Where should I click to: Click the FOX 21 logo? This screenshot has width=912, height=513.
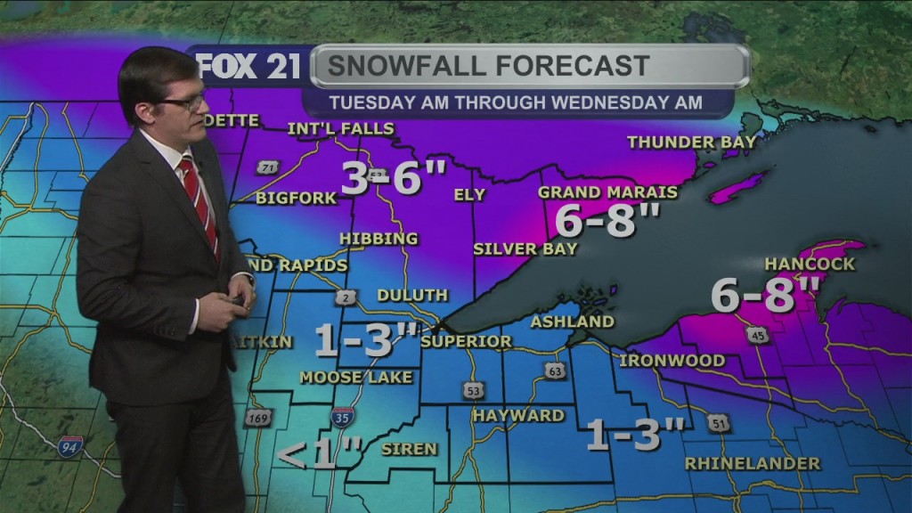click(x=248, y=67)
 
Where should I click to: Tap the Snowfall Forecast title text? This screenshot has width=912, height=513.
click(x=485, y=66)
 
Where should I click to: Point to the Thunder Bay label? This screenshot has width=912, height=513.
click(x=691, y=142)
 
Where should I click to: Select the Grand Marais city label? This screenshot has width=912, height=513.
click(x=607, y=192)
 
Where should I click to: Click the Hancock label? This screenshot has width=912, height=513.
click(x=810, y=264)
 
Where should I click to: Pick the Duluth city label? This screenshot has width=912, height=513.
click(x=411, y=295)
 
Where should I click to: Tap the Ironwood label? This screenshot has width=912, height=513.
click(x=672, y=361)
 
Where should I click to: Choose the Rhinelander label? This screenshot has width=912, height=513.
click(x=753, y=463)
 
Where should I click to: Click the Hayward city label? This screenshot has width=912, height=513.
click(x=518, y=415)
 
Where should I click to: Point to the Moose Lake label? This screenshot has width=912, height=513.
click(x=355, y=377)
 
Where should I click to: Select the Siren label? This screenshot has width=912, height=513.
click(x=409, y=449)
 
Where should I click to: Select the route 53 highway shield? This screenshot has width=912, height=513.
click(x=473, y=389)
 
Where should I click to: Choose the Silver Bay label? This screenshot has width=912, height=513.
click(x=525, y=249)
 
